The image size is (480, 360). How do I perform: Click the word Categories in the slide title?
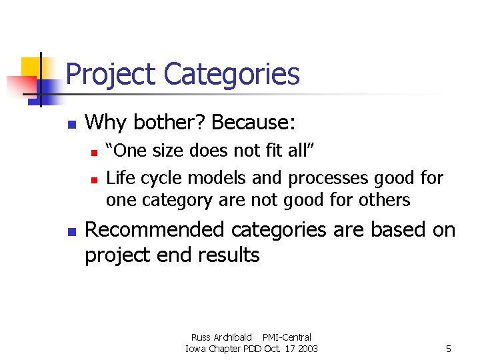[231, 74]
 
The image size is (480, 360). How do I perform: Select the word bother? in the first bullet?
[167, 122]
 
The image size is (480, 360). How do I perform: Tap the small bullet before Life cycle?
[95, 179]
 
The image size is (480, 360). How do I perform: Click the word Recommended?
[155, 230]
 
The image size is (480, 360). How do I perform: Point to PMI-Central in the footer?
[287, 337]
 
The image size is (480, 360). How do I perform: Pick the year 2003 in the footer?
[306, 349]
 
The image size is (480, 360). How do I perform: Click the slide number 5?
[449, 349]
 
